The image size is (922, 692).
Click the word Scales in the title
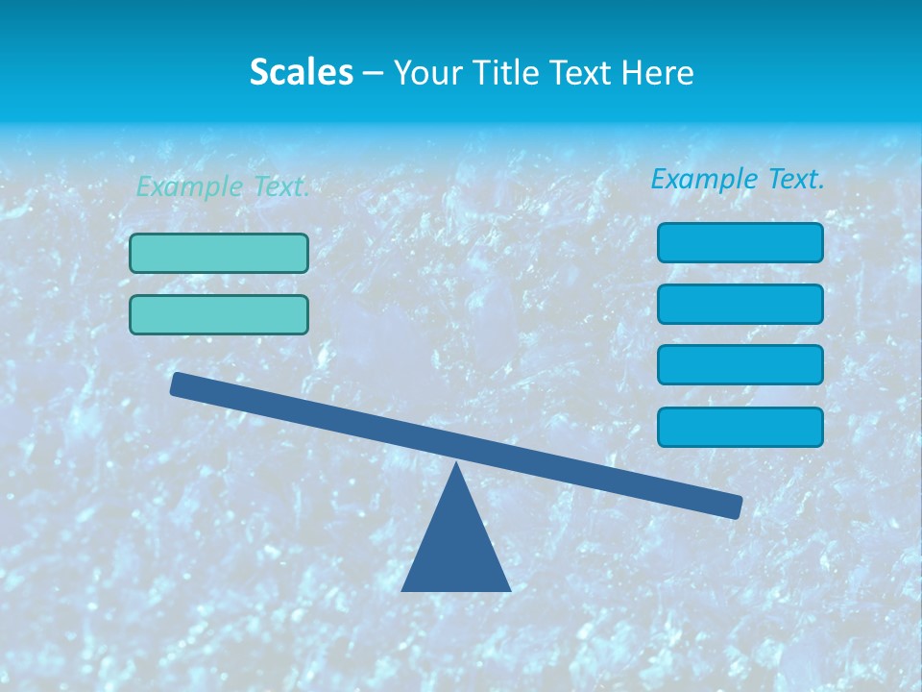pos(301,72)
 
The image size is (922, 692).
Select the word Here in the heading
pos(657,72)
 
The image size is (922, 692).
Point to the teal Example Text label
pos(223,186)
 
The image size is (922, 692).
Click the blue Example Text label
pos(738,179)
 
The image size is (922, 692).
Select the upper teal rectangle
pos(219,253)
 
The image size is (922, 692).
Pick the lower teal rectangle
pos(219,314)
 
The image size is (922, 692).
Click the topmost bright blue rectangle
pos(740,242)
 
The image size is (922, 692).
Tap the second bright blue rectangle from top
pos(740,304)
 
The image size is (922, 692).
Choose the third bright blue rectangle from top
pos(740,365)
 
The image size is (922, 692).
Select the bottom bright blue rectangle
pos(740,427)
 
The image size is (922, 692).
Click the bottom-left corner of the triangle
pos(403,590)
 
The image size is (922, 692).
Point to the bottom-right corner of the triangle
pos(509,590)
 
